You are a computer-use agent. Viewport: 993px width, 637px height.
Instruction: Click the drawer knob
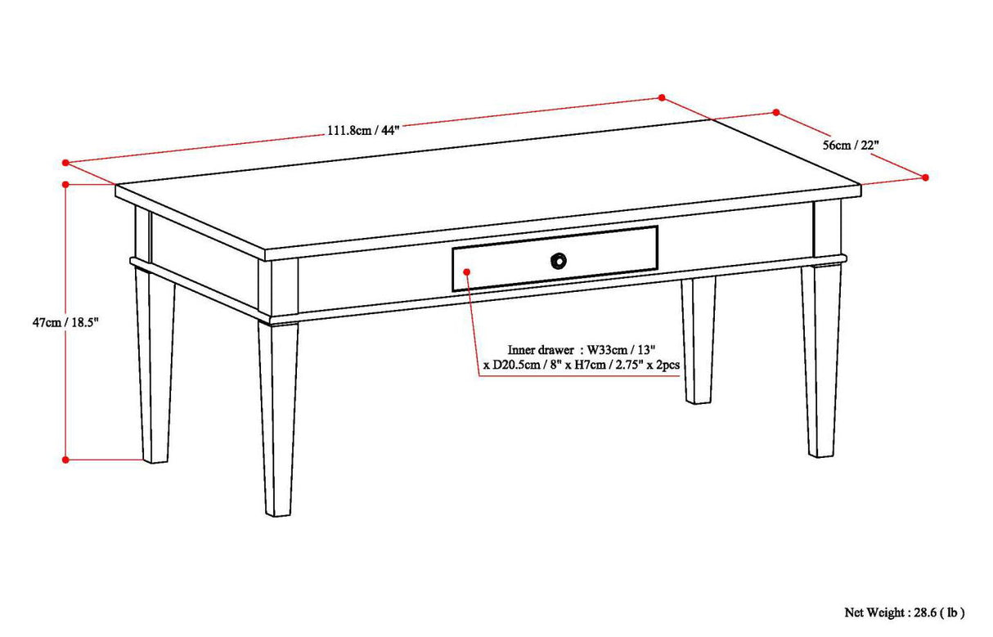coord(558,260)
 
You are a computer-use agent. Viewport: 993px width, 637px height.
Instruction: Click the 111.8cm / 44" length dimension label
coord(363,130)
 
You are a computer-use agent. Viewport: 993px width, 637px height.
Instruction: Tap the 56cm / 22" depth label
coord(851,145)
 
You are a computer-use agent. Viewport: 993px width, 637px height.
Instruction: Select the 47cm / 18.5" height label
coord(65,323)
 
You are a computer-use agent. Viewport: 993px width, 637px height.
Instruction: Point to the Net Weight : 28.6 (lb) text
coord(904,612)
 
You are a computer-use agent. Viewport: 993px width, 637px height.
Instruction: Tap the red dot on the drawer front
coord(466,271)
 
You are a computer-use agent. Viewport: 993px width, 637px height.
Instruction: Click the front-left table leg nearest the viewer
coord(278,417)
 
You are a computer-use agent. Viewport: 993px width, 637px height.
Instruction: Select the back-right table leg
coord(822,360)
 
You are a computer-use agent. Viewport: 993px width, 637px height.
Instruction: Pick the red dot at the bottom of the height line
coord(65,460)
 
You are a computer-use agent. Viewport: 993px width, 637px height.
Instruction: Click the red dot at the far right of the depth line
coord(926,177)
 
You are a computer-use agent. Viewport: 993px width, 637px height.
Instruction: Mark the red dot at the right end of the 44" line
coord(662,97)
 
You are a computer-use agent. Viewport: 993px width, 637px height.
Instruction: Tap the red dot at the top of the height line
coord(65,185)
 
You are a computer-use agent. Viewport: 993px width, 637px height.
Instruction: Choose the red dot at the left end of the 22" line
coord(776,113)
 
